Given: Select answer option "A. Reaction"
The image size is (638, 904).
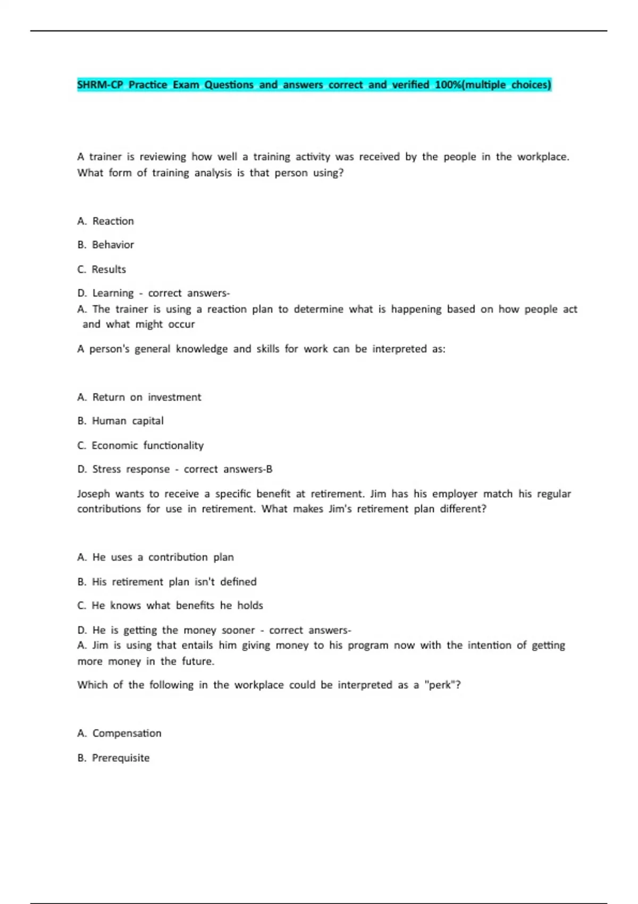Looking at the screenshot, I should click(x=105, y=221).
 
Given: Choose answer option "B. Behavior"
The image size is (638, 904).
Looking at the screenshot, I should click(x=105, y=245).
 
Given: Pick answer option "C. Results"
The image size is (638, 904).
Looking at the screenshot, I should click(x=102, y=270).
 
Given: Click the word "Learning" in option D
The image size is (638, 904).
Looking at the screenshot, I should click(x=113, y=294).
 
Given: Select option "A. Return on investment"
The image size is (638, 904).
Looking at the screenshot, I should click(x=139, y=397).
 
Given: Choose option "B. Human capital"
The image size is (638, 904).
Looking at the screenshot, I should click(x=120, y=421).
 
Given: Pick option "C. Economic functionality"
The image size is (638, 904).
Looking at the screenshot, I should click(x=140, y=446).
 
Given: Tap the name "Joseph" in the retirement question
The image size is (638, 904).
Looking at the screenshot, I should click(x=94, y=494).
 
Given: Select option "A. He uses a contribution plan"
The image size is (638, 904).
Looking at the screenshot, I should click(x=155, y=557).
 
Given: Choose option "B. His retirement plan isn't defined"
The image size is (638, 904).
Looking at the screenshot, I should click(x=166, y=582).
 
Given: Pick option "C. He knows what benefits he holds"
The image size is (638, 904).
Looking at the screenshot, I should click(x=170, y=606).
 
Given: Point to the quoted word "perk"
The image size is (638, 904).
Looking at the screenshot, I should click(x=440, y=685).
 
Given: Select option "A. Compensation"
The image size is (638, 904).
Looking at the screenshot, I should click(x=119, y=733).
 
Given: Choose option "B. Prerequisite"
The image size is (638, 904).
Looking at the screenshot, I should click(x=113, y=758).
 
